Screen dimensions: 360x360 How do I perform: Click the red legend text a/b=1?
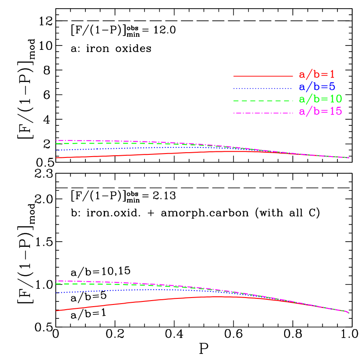(317, 75)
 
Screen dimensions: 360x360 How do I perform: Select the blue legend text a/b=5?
(317, 87)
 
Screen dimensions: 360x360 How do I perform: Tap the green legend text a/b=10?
(321, 99)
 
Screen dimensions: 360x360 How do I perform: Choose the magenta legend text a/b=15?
(321, 111)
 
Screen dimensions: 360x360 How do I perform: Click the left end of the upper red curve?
(56, 157)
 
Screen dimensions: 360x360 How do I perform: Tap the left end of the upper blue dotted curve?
(56, 150)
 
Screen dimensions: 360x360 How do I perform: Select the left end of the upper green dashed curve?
(56, 144)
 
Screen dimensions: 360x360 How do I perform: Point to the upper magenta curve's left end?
(56, 140)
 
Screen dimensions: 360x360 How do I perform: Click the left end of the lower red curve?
(56, 311)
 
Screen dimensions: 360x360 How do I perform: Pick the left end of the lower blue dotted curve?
(56, 293)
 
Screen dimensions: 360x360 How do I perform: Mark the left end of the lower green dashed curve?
(56, 284)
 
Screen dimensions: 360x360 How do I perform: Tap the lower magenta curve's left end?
(56, 281)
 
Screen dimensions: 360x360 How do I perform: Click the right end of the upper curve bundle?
(349, 158)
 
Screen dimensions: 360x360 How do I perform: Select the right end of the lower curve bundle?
(348, 313)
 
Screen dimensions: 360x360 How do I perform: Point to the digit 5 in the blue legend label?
(332, 87)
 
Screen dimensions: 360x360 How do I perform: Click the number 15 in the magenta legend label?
(335, 111)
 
